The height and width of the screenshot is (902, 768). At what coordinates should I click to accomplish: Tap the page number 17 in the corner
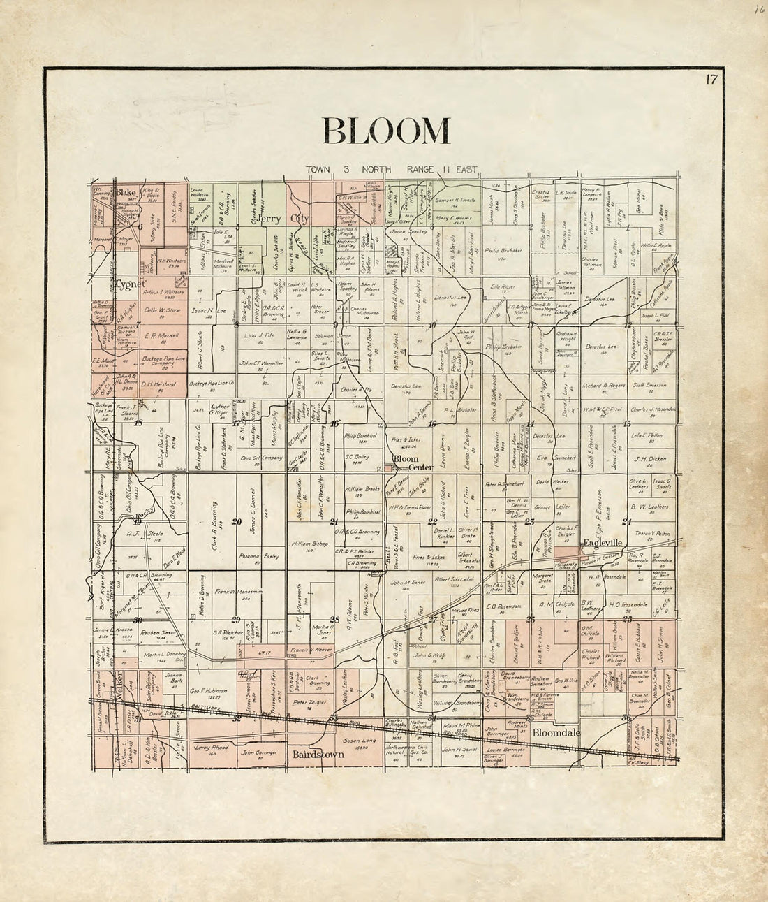[x=710, y=78]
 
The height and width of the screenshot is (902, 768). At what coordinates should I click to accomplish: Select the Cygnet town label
[x=131, y=284]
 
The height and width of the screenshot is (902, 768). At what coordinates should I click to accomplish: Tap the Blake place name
[x=126, y=192]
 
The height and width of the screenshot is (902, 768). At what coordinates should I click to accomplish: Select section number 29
[x=236, y=619]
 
